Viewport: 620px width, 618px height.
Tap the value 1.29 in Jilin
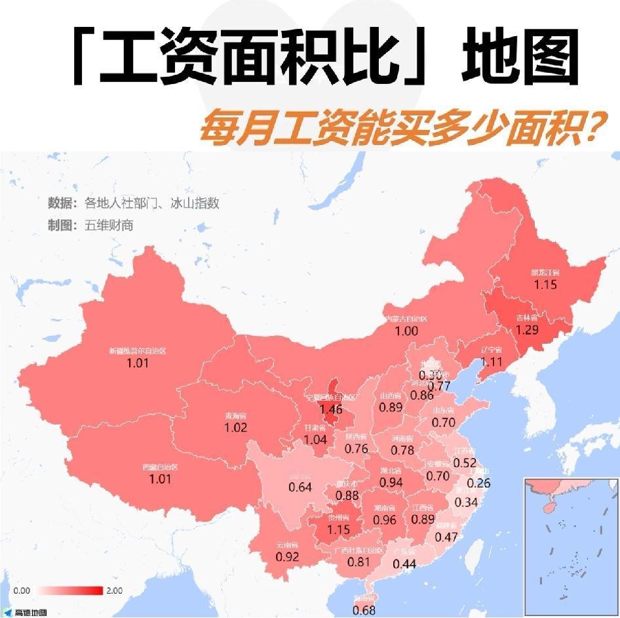point(528,329)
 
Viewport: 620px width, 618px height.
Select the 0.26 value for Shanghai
point(479,483)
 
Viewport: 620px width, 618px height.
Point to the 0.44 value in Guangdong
point(405,564)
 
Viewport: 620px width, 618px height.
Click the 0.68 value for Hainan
point(364,610)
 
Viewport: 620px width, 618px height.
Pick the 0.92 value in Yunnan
point(287,557)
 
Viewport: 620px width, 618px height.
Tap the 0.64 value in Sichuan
point(300,487)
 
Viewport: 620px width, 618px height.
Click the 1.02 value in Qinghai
point(235,428)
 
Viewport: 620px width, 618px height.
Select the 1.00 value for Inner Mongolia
point(406,331)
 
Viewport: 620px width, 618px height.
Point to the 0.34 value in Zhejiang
point(465,503)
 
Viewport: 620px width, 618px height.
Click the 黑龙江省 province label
point(545,274)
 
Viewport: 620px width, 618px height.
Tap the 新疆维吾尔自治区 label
point(138,351)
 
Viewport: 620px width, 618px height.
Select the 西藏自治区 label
point(160,467)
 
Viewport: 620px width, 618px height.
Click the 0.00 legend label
point(22,590)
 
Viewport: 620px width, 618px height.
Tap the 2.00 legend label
point(114,590)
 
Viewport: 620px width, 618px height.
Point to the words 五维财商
point(109,225)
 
